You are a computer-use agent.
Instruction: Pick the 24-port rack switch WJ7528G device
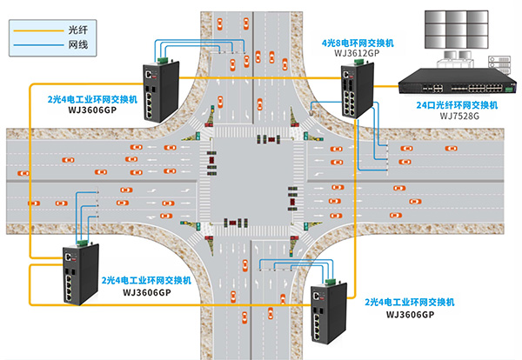click(454, 84)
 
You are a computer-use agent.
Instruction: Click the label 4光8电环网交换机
click(358, 42)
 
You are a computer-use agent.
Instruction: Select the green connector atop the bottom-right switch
click(331, 280)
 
